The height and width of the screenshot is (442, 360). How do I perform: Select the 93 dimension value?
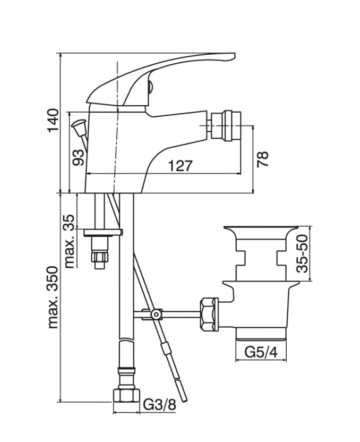78,157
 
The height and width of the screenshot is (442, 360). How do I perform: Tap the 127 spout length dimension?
180,166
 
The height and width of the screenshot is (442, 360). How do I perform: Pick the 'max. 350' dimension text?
53,295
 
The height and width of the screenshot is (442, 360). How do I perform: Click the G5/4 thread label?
261,352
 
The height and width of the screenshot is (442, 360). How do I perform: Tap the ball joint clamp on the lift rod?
156,314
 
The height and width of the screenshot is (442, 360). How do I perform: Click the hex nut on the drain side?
208,314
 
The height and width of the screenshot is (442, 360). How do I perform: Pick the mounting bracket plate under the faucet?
104,232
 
